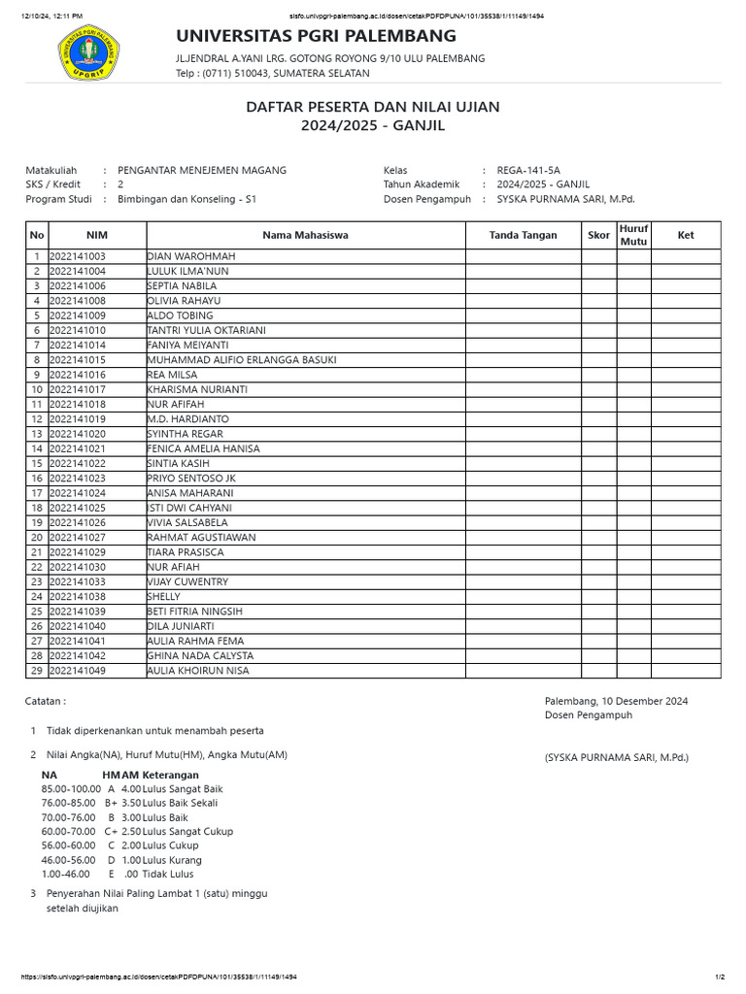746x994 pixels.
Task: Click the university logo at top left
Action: [x=87, y=55]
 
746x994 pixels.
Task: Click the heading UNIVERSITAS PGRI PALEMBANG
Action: [x=315, y=36]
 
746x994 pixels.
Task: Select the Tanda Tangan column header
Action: [x=523, y=235]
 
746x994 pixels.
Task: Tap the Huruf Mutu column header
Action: [x=633, y=235]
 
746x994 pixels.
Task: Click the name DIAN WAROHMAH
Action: [x=191, y=256]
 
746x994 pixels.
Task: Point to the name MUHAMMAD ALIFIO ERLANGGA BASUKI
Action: [x=242, y=360]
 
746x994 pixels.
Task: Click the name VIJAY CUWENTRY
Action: [x=187, y=581]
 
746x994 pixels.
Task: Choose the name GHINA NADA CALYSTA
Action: [x=200, y=656]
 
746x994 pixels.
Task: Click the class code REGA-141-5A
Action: [x=528, y=170]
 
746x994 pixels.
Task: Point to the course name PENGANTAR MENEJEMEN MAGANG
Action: [x=201, y=170]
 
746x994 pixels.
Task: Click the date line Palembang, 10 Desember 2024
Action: [x=616, y=701]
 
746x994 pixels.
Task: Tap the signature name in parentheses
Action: [x=616, y=757]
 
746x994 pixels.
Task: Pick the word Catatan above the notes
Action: [x=46, y=701]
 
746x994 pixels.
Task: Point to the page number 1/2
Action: [x=719, y=977]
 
